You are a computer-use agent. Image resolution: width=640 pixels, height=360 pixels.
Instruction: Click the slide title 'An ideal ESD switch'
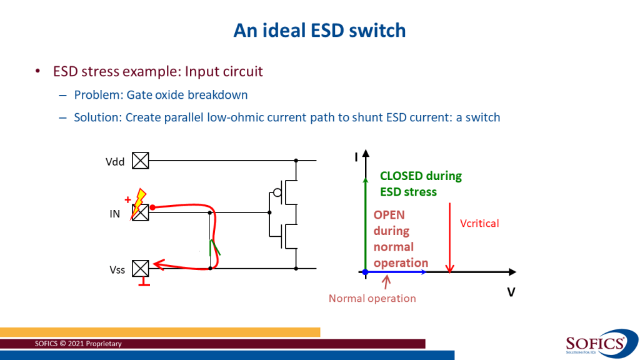pyautogui.click(x=319, y=30)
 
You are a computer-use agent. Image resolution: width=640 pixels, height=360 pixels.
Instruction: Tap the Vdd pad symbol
pyautogui.click(x=141, y=161)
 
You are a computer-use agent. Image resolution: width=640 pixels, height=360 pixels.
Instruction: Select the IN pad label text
pyautogui.click(x=115, y=214)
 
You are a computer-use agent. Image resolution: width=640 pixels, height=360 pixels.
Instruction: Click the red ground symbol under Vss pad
pyautogui.click(x=144, y=284)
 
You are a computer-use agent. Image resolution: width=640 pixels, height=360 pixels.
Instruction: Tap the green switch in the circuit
pyautogui.click(x=214, y=247)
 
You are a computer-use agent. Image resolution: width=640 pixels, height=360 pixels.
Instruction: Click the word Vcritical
pyautogui.click(x=479, y=223)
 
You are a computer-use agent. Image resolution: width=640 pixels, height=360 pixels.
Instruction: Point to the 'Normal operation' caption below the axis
pyautogui.click(x=372, y=298)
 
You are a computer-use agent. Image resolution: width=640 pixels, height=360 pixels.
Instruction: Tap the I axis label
pyautogui.click(x=356, y=157)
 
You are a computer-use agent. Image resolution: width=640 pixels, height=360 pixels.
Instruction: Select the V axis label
pyautogui.click(x=511, y=292)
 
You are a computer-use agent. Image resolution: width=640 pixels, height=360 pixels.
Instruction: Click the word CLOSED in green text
pyautogui.click(x=401, y=176)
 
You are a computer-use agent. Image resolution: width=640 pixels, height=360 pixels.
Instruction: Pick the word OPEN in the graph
pyautogui.click(x=389, y=215)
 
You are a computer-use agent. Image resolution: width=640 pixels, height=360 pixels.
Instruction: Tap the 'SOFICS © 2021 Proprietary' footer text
pyautogui.click(x=78, y=344)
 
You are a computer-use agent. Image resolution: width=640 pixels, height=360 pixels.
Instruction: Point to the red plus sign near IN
pyautogui.click(x=127, y=200)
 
